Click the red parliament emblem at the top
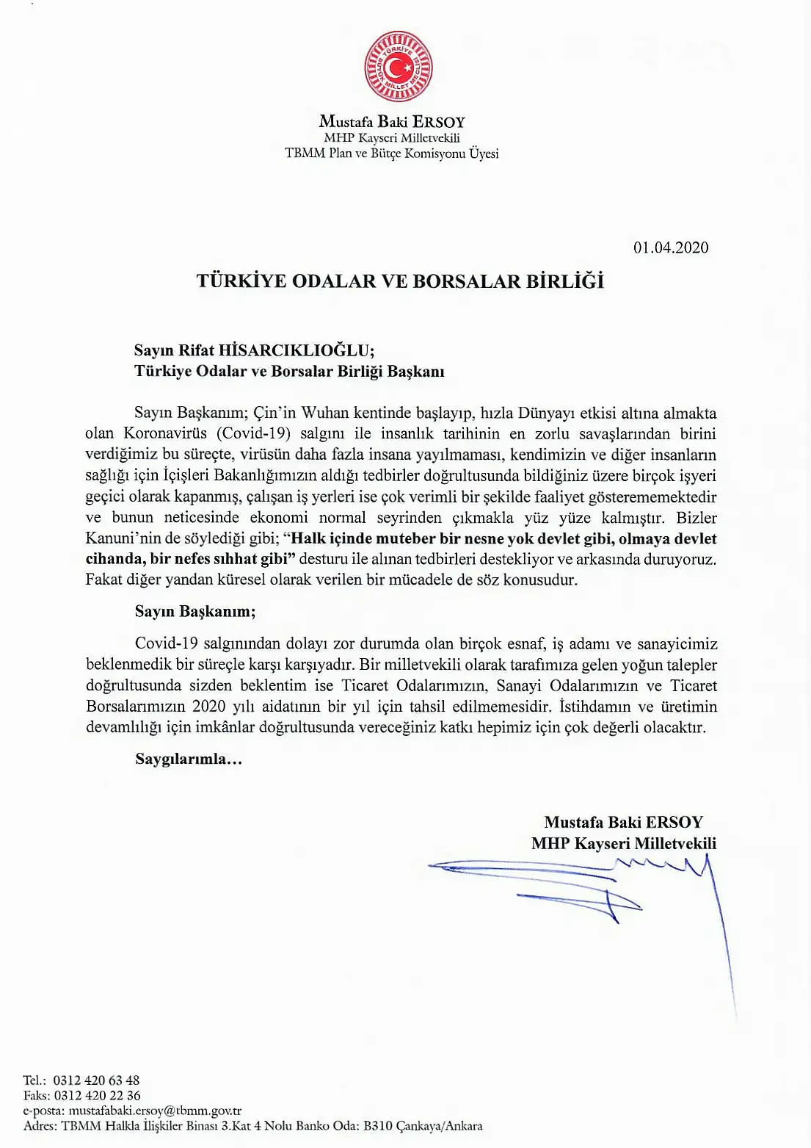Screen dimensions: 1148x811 [x=399, y=66]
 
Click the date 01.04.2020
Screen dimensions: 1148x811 [x=671, y=248]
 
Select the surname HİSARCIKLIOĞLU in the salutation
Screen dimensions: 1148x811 [x=297, y=350]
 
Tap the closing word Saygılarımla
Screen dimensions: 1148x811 [x=188, y=759]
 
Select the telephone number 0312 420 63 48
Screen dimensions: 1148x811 [x=96, y=1080]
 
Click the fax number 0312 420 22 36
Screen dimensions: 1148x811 [x=97, y=1095]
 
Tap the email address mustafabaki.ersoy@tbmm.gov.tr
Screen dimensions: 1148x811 [x=155, y=1111]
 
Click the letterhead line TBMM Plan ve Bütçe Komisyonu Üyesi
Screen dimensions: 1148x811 [x=392, y=154]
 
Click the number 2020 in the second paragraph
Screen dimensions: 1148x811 [x=208, y=707]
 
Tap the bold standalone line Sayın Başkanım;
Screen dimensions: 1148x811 [x=195, y=611]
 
